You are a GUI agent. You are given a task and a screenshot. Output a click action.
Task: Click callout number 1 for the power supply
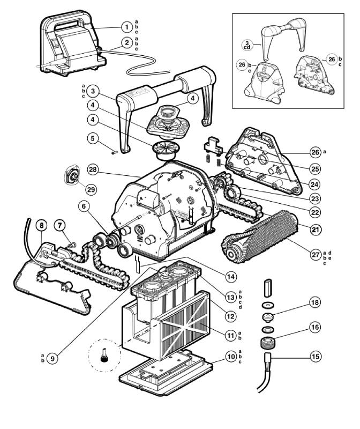pyautogui.click(x=126, y=26)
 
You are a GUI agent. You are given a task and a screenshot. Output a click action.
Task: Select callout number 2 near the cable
pyautogui.click(x=126, y=42)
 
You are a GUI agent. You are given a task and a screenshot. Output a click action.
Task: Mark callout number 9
pyautogui.click(x=52, y=359)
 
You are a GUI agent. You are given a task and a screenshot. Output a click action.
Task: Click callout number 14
pyautogui.click(x=230, y=277)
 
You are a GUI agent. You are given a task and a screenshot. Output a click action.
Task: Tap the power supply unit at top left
pyautogui.click(x=67, y=43)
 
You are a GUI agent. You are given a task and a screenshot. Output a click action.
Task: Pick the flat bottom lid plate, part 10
pyautogui.click(x=161, y=371)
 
